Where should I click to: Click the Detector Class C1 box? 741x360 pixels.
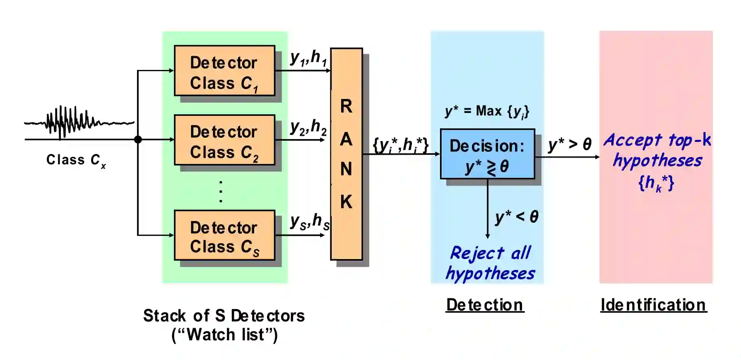224,71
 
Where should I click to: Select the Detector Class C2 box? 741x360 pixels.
224,140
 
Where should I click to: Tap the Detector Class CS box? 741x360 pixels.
224,235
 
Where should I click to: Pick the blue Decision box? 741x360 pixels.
487,154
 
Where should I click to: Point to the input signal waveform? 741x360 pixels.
79,122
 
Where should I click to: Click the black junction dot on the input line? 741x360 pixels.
138,139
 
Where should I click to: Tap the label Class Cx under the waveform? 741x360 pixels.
76,160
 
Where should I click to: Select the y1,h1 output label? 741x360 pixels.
308,58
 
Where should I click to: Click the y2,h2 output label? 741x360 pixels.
308,127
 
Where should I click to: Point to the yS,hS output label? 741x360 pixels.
310,222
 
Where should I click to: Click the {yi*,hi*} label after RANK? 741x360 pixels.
400,145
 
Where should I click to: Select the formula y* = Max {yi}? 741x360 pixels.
487,111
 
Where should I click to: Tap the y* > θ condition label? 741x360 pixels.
570,144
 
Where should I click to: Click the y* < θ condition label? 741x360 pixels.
517,217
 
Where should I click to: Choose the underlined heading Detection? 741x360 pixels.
485,305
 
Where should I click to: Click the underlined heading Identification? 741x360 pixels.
653,305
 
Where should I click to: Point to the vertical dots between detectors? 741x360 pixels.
221,192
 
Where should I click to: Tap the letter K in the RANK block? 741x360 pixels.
346,202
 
